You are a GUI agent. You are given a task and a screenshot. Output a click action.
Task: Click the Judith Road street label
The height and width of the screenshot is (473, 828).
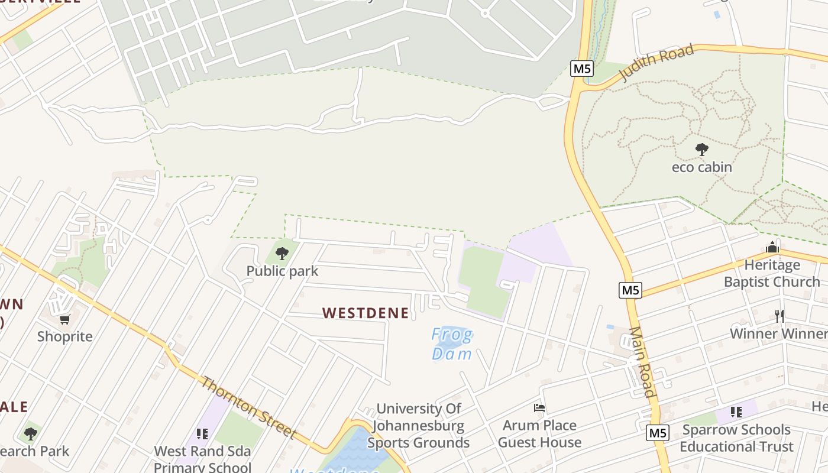[x=656, y=63]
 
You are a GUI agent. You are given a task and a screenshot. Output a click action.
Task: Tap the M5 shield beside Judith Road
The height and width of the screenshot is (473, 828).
[x=582, y=69]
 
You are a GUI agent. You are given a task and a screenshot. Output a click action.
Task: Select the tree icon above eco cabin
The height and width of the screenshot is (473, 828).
[x=702, y=150]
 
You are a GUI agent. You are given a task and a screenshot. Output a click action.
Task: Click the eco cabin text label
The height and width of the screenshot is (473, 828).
[x=702, y=167]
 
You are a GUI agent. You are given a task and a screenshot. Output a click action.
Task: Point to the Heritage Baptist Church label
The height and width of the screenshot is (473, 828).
[x=772, y=273]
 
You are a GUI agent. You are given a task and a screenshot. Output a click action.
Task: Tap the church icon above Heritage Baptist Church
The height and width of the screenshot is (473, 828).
[x=772, y=248]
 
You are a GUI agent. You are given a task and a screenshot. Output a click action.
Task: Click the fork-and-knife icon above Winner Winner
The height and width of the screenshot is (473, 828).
[x=780, y=316]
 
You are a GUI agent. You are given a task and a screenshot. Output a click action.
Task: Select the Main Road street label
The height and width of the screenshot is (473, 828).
[x=642, y=362]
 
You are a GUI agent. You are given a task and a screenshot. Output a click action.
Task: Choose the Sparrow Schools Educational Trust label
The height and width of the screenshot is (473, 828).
[x=736, y=438]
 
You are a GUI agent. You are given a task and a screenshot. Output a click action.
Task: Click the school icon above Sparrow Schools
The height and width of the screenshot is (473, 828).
[x=736, y=412]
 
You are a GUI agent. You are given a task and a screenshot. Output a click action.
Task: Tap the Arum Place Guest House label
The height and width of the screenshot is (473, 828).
[x=539, y=434]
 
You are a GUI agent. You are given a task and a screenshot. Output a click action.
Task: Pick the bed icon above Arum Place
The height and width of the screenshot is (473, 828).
[x=539, y=408]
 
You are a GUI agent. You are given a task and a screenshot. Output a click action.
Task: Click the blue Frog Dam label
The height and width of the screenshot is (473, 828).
[x=452, y=344]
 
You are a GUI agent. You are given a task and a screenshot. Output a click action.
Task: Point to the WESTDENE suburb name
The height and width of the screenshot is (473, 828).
[x=366, y=313]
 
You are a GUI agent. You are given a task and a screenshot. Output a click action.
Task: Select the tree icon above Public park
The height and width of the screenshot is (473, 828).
[x=282, y=254]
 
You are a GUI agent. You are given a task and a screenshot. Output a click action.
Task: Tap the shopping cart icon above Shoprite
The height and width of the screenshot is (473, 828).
[x=65, y=320]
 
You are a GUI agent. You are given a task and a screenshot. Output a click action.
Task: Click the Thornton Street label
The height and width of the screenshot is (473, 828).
[x=248, y=408]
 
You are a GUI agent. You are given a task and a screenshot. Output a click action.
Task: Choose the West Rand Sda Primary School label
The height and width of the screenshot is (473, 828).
[x=203, y=459]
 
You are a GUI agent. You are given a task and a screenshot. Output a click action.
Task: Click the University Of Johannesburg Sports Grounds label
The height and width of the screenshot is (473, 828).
[x=419, y=426]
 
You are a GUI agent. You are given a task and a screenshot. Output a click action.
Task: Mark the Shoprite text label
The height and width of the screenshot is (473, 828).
[x=65, y=337]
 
